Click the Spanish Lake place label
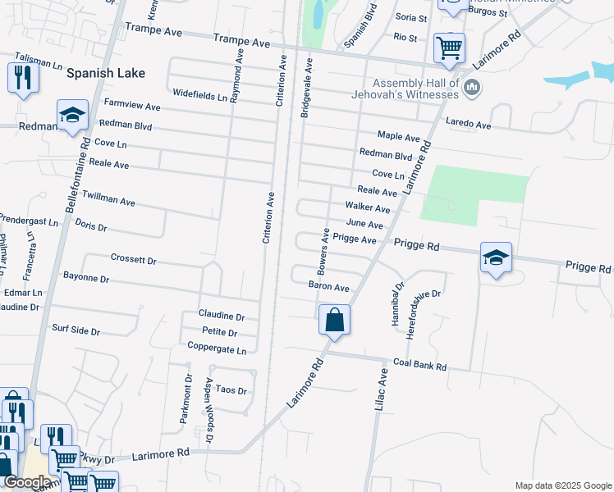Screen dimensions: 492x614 tap(106, 73)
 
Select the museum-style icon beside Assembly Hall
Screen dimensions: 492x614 tap(472, 87)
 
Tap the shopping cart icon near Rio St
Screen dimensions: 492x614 tap(449, 48)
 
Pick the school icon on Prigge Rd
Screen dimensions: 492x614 tap(497, 257)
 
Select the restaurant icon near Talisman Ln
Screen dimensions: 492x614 tap(23, 78)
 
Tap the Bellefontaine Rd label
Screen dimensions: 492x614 tap(85, 173)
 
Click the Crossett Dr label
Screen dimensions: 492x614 tap(133, 260)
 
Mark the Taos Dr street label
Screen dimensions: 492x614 tap(231, 390)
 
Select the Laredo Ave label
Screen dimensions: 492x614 tap(469, 125)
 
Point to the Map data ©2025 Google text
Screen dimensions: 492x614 tap(562, 485)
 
